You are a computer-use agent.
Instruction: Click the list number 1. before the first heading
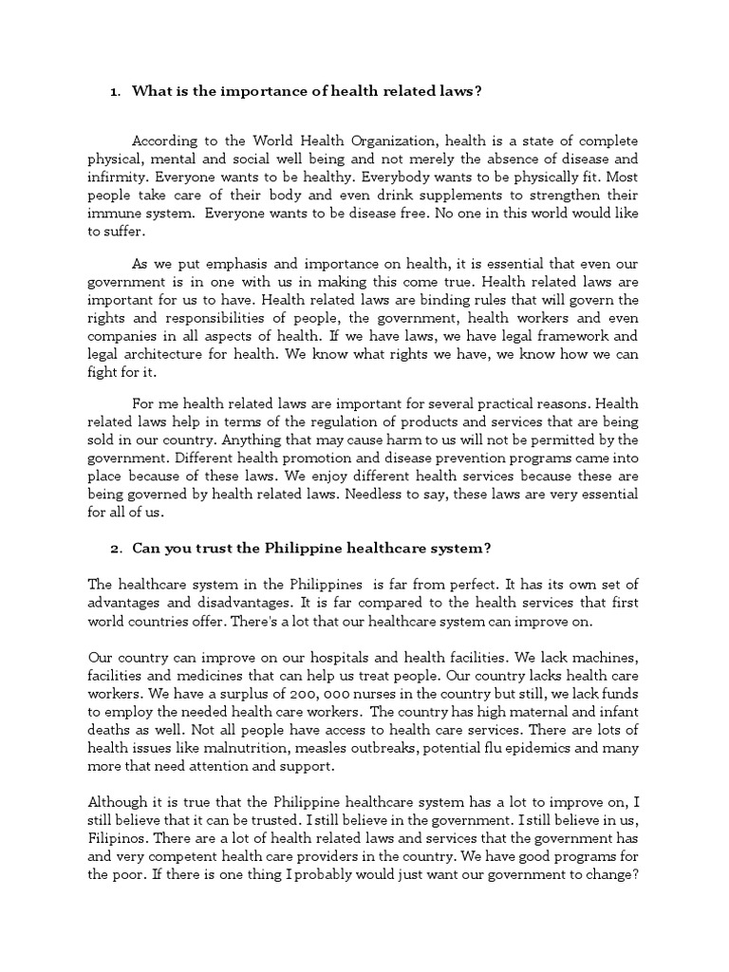(x=115, y=92)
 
